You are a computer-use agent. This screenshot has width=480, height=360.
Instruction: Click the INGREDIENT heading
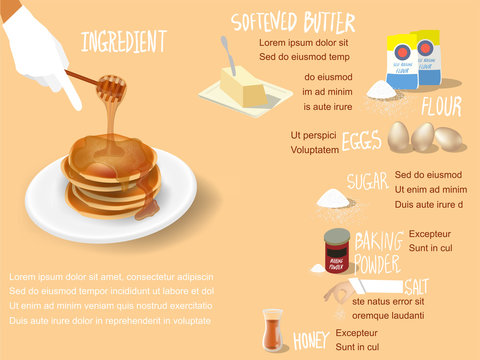123,41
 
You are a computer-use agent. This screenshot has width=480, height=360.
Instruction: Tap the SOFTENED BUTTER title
292,22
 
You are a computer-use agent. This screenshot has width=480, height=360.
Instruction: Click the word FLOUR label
441,107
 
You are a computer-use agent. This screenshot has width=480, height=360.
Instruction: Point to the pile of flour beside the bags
382,91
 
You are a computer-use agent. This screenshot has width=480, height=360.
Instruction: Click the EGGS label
362,141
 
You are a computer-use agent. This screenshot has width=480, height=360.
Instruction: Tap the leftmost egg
399,137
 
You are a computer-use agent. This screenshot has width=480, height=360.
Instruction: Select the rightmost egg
449,139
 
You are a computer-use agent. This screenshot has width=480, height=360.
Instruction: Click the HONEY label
311,342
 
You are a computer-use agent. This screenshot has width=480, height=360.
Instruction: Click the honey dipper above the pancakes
111,90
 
